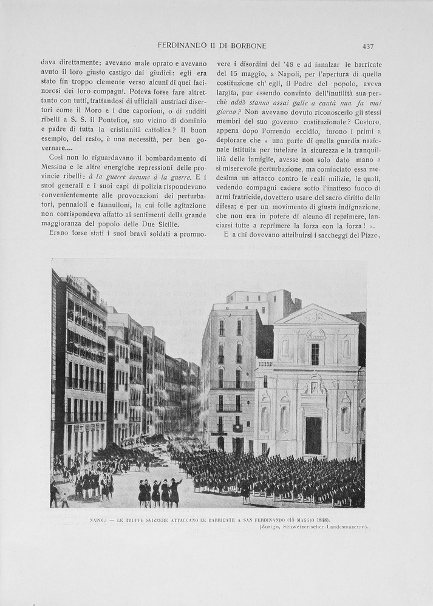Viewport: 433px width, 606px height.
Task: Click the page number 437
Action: click(367, 46)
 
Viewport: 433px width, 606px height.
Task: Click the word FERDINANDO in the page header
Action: click(182, 46)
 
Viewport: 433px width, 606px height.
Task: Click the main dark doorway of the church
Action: click(313, 436)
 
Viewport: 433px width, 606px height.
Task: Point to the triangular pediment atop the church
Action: click(315, 315)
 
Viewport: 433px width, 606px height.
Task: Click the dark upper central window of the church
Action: click(315, 354)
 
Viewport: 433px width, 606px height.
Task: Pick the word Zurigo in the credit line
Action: click(269, 527)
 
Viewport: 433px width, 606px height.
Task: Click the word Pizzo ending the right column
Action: click(369, 235)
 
